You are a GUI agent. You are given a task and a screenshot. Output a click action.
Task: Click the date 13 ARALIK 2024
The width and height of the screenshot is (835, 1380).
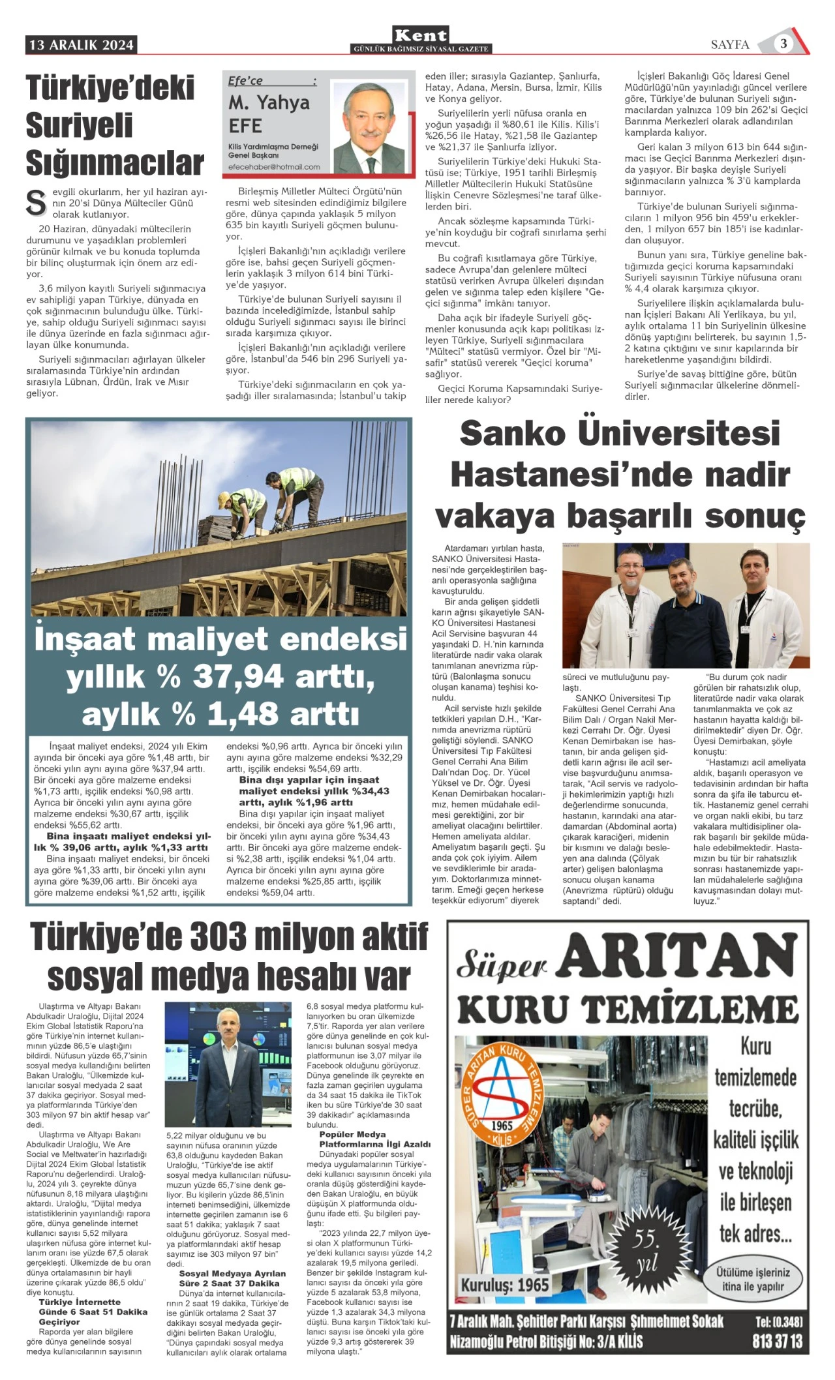pos(82,45)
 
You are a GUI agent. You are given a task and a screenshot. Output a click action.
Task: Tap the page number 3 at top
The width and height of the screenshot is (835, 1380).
pos(783,44)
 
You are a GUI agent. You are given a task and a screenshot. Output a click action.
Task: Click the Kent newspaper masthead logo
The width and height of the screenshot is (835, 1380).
pos(421,35)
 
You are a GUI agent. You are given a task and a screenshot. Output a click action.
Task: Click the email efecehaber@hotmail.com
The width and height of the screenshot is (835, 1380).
pos(274,167)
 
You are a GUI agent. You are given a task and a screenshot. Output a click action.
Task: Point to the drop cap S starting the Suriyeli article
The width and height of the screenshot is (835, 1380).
pos(35,203)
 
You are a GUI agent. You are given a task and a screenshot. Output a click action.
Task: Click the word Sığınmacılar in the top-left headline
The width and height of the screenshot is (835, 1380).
pos(115,162)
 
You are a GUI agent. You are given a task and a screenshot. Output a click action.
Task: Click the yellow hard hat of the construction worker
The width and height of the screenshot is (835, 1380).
pos(224,498)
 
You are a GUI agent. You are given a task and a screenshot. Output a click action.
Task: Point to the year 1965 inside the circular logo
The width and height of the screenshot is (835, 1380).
pos(502,1126)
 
